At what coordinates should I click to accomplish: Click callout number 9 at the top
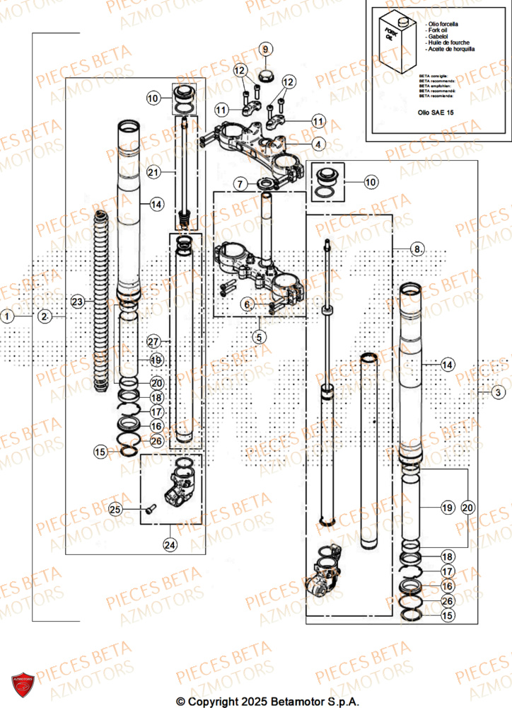[265, 49]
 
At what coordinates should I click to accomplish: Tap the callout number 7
[241, 184]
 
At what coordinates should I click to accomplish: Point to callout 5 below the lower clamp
[260, 337]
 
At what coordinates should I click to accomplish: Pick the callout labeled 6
[247, 304]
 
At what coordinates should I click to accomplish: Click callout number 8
[417, 249]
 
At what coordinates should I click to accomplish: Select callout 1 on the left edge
[7, 316]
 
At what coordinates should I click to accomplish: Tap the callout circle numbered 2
[45, 316]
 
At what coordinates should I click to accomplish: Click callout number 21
[153, 172]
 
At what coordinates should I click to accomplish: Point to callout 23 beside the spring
[78, 301]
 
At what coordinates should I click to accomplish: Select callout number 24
[170, 545]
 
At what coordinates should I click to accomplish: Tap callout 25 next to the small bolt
[115, 508]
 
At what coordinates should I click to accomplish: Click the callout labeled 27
[153, 341]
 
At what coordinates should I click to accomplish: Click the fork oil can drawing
[396, 40]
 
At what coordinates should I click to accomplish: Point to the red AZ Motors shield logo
[23, 684]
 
